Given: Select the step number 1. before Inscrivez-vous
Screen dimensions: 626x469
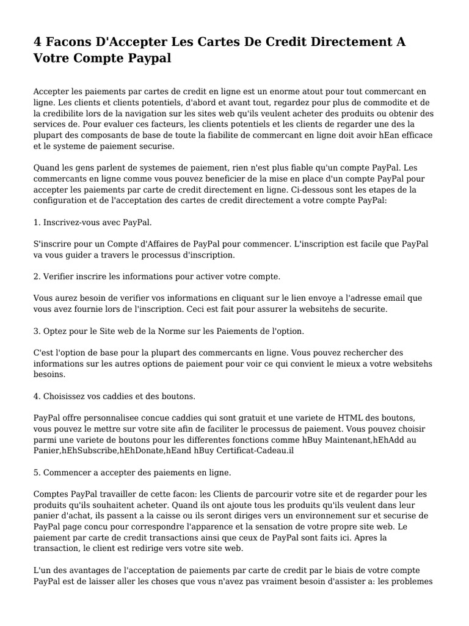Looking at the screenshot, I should tap(37, 222).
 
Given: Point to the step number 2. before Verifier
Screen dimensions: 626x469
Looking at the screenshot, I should tap(37, 276).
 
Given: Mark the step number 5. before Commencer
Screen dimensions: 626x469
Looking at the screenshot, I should tap(37, 473).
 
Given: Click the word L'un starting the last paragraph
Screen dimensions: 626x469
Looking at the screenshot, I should tap(43, 570).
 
